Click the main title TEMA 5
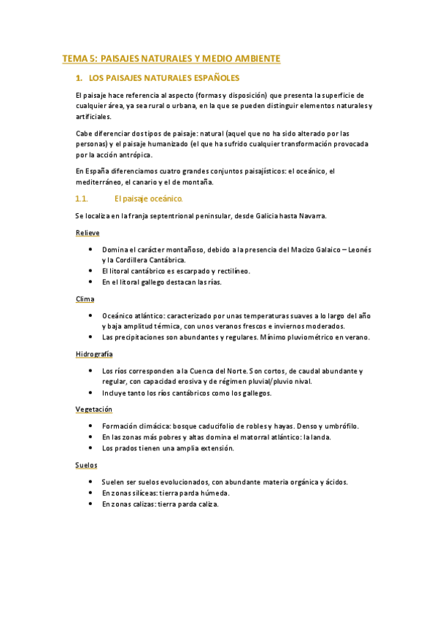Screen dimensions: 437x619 pyautogui.click(x=171, y=58)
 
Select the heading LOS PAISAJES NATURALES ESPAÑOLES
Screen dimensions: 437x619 pyautogui.click(x=163, y=77)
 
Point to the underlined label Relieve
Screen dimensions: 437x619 pyautogui.click(x=88, y=232)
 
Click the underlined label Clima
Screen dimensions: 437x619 pyautogui.click(x=85, y=299)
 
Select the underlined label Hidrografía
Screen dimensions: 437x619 pyautogui.click(x=93, y=354)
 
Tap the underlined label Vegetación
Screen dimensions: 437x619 pyautogui.click(x=93, y=410)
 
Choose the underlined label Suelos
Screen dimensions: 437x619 pyautogui.click(x=86, y=464)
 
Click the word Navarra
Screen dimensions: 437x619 pyautogui.click(x=311, y=215)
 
